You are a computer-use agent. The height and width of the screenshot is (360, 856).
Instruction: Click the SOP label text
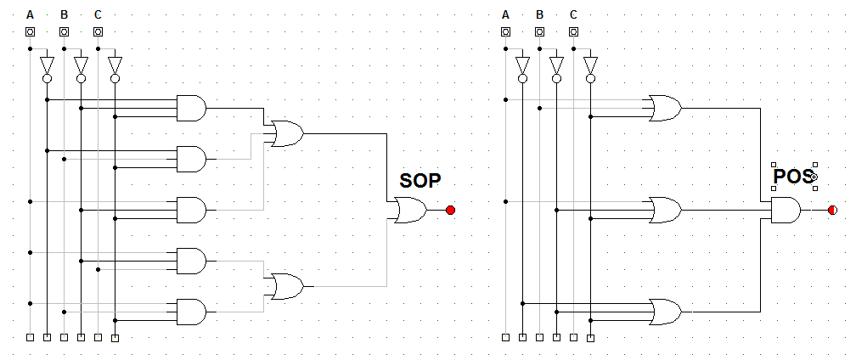(420, 180)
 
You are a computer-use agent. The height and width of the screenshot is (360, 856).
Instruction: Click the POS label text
(794, 177)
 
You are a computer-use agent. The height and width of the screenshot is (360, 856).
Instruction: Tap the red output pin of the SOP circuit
(450, 210)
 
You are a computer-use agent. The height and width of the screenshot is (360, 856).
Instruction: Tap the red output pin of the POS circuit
(832, 210)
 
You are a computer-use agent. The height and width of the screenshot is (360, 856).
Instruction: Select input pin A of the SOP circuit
(30, 31)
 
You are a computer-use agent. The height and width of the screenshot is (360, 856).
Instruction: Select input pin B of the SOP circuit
(64, 31)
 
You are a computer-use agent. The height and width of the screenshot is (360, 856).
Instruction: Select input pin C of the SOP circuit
(98, 31)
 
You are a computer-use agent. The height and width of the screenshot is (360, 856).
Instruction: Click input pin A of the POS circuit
(505, 31)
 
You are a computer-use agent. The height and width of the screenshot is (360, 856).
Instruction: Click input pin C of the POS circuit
(573, 31)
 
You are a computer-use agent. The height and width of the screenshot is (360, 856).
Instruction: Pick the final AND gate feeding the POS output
(786, 210)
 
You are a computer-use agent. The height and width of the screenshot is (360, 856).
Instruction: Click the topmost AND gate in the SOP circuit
(192, 108)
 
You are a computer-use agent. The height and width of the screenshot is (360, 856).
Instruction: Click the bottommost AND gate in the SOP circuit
(192, 312)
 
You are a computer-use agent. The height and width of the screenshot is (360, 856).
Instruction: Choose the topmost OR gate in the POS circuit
(665, 108)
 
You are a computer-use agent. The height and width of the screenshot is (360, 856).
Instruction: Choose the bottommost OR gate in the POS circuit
(665, 312)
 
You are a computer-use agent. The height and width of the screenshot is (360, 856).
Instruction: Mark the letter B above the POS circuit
(539, 14)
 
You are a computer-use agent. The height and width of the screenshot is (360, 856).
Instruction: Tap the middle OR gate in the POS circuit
(665, 210)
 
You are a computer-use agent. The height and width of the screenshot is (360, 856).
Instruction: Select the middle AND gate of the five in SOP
(192, 210)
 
